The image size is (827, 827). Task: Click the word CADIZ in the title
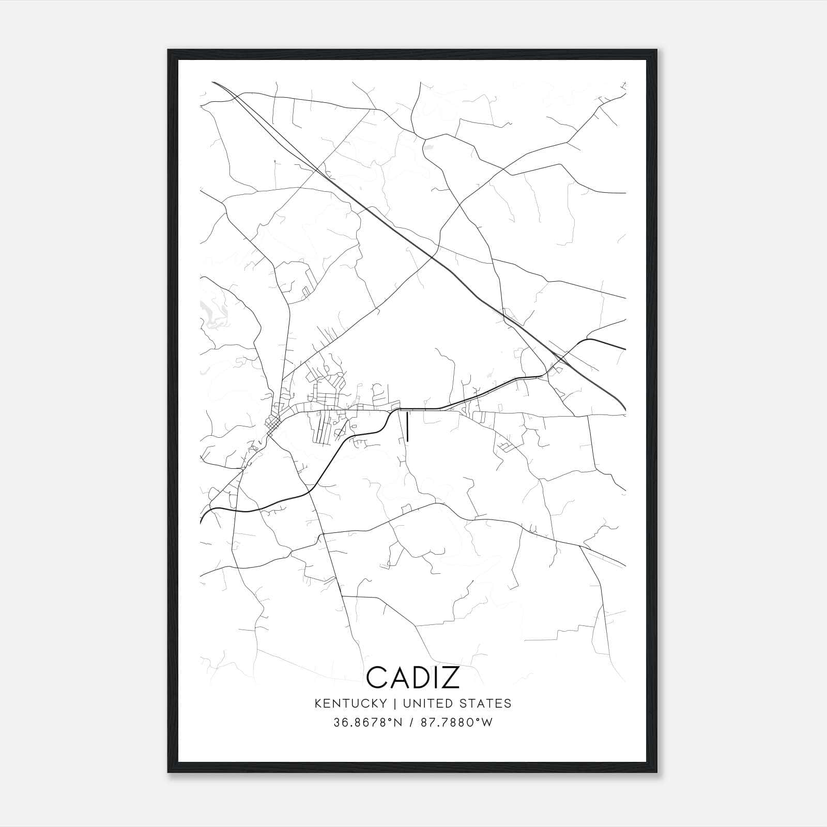coord(413,678)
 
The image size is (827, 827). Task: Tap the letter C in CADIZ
coord(376,678)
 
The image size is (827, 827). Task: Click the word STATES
coord(485,703)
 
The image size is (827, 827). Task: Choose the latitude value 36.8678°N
coord(368,723)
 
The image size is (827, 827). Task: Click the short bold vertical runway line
coord(408,427)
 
